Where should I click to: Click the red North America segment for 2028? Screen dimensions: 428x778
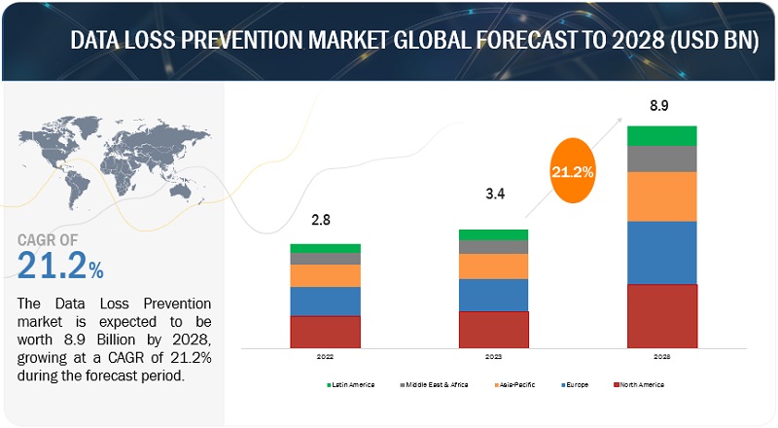[661, 315]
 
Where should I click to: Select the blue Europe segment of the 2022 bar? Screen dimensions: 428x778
[325, 301]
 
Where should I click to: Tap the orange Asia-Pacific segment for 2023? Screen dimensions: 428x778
[493, 266]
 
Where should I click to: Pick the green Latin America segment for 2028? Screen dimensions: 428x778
[661, 135]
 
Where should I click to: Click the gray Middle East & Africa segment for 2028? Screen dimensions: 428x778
[661, 159]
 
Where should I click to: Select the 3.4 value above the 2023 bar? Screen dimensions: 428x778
[493, 206]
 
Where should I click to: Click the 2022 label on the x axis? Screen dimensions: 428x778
[325, 357]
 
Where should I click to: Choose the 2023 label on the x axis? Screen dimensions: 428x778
[493, 357]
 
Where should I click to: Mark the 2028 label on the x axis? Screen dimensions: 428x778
[661, 357]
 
